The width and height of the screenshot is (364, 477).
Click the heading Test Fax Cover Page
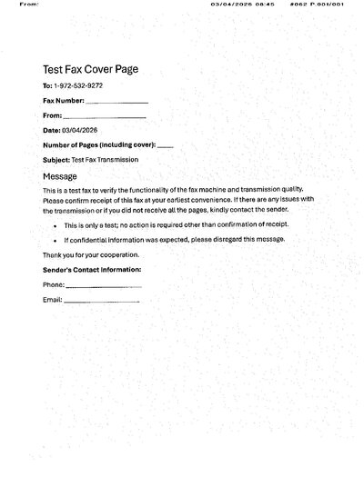pos(90,70)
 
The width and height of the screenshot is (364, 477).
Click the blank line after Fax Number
pos(116,102)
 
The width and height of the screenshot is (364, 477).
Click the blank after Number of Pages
pos(165,145)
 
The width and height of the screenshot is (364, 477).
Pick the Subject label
pos(56,160)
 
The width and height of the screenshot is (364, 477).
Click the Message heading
pos(60,175)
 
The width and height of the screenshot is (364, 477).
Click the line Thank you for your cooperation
pos(91,255)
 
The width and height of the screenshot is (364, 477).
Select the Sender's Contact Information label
pos(92,270)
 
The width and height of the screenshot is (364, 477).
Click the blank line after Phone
pos(104,286)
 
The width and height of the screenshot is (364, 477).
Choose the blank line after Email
pos(102,300)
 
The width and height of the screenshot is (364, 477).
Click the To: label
pos(48,85)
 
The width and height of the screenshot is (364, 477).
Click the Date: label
pos(52,131)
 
